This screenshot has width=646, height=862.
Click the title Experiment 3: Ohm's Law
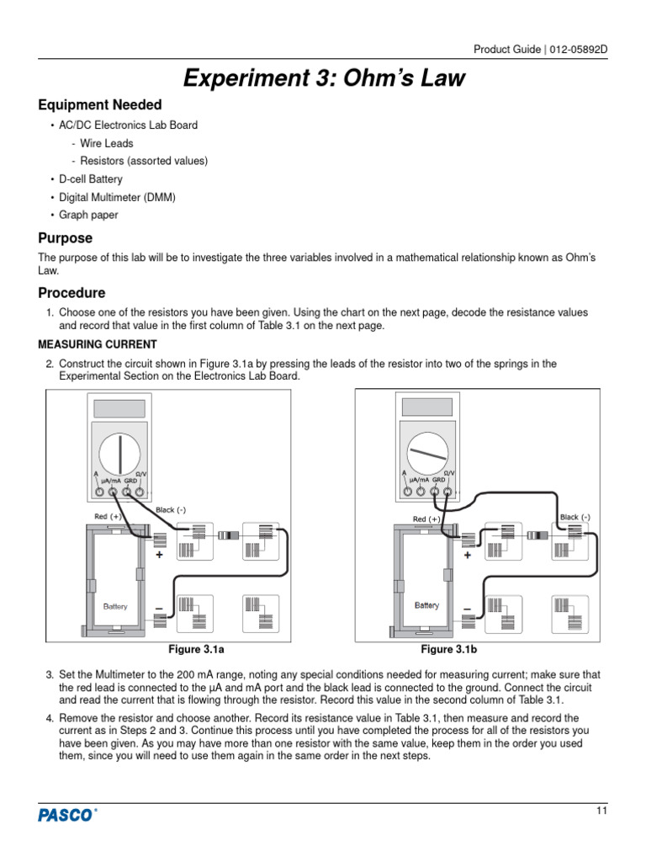click(x=324, y=79)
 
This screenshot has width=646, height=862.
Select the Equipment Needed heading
click(x=100, y=105)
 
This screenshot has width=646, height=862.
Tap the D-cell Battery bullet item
click(x=90, y=179)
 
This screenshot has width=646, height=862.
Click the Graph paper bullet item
click(x=88, y=215)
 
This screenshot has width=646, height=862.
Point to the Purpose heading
click(x=66, y=238)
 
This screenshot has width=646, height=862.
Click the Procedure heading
click(x=72, y=293)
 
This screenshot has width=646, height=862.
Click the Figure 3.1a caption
click(x=197, y=650)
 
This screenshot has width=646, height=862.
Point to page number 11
click(x=601, y=811)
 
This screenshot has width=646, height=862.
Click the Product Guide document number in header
click(x=540, y=49)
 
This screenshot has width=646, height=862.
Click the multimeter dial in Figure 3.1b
click(x=429, y=455)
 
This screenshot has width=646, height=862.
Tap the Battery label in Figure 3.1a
click(x=115, y=606)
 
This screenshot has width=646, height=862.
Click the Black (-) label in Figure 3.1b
click(x=575, y=517)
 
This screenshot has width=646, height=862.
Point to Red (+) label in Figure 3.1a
click(x=102, y=516)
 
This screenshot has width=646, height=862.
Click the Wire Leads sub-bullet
click(x=107, y=143)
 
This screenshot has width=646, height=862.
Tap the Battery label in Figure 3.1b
click(x=426, y=605)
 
